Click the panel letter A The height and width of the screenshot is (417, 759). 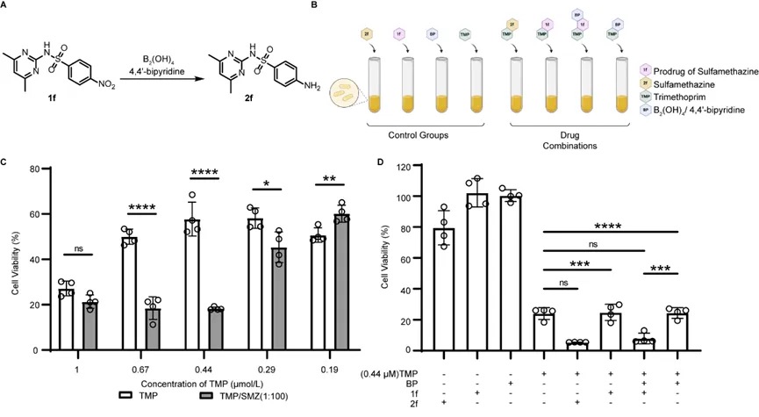click(x=7, y=7)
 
